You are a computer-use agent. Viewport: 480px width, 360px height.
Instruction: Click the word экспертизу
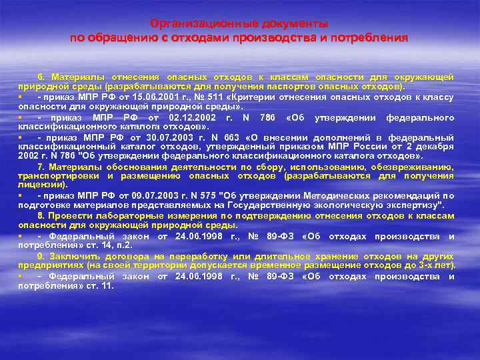[413, 206]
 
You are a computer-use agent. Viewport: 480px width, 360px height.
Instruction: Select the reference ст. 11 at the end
[101, 285]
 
